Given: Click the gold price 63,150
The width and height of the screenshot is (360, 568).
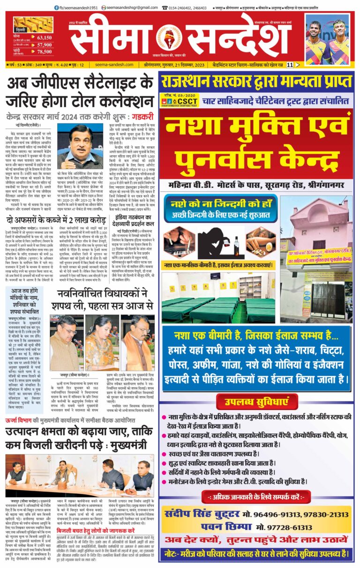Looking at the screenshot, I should point(44,38).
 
